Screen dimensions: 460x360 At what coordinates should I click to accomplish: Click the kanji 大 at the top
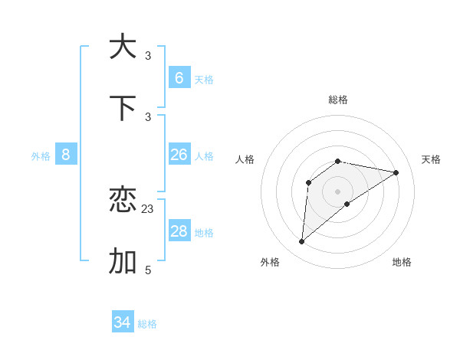pyautogui.click(x=123, y=46)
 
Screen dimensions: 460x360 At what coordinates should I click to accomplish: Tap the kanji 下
pyautogui.click(x=123, y=108)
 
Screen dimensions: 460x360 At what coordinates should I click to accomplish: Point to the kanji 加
pyautogui.click(x=123, y=261)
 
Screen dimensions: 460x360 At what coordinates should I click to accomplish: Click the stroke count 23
pyautogui.click(x=148, y=208)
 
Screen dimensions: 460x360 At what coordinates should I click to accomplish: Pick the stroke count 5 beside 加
pyautogui.click(x=148, y=270)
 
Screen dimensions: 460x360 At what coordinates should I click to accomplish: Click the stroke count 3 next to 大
pyautogui.click(x=148, y=55)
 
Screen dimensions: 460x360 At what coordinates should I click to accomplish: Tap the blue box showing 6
pyautogui.click(x=179, y=78)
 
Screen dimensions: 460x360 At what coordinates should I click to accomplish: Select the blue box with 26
pyautogui.click(x=179, y=155)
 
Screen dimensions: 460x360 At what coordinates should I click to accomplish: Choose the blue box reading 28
pyautogui.click(x=179, y=231)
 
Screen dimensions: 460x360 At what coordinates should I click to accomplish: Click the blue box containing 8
pyautogui.click(x=66, y=155)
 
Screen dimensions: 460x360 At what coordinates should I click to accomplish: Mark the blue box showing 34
pyautogui.click(x=122, y=322)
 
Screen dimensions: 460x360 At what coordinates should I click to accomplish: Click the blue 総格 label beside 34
pyautogui.click(x=147, y=324)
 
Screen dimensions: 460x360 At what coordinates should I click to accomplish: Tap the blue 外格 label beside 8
pyautogui.click(x=41, y=156)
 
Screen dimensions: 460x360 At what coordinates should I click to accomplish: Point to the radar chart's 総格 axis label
pyautogui.click(x=338, y=100)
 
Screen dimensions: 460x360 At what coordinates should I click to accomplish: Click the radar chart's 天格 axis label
pyautogui.click(x=431, y=159)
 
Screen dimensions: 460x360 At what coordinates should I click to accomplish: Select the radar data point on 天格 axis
pyautogui.click(x=396, y=172)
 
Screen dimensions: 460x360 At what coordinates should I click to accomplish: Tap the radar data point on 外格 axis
pyautogui.click(x=302, y=242)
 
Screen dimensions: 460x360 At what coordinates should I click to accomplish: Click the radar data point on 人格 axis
pyautogui.click(x=308, y=182)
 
